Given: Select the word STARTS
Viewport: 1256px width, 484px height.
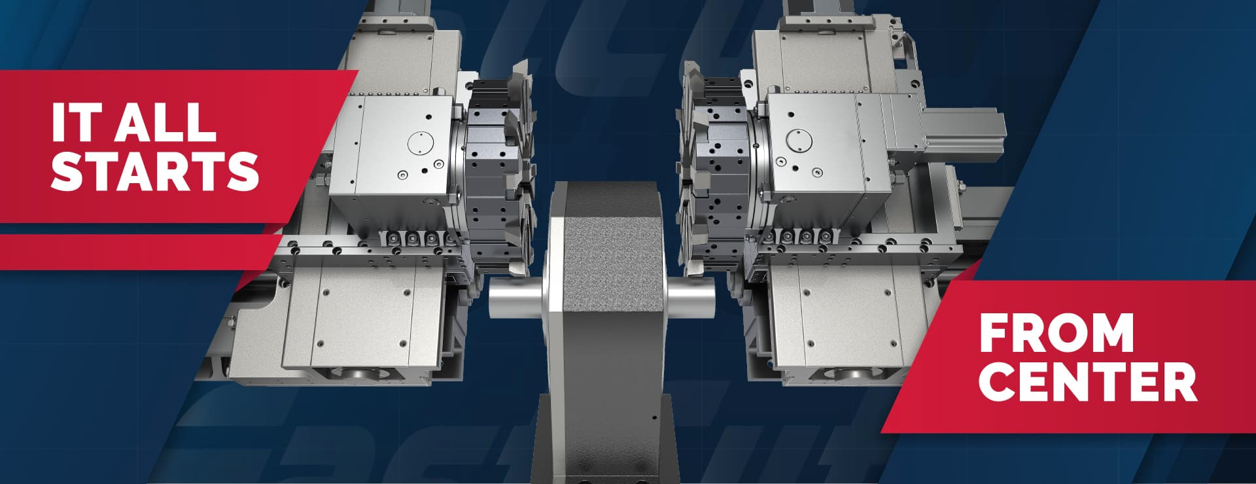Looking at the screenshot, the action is [156, 171].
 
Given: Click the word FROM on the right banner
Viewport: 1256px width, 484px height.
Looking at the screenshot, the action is [1056, 333].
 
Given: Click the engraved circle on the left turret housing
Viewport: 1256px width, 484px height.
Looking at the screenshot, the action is [421, 143].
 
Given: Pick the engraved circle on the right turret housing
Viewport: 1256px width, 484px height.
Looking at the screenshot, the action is [798, 141].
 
